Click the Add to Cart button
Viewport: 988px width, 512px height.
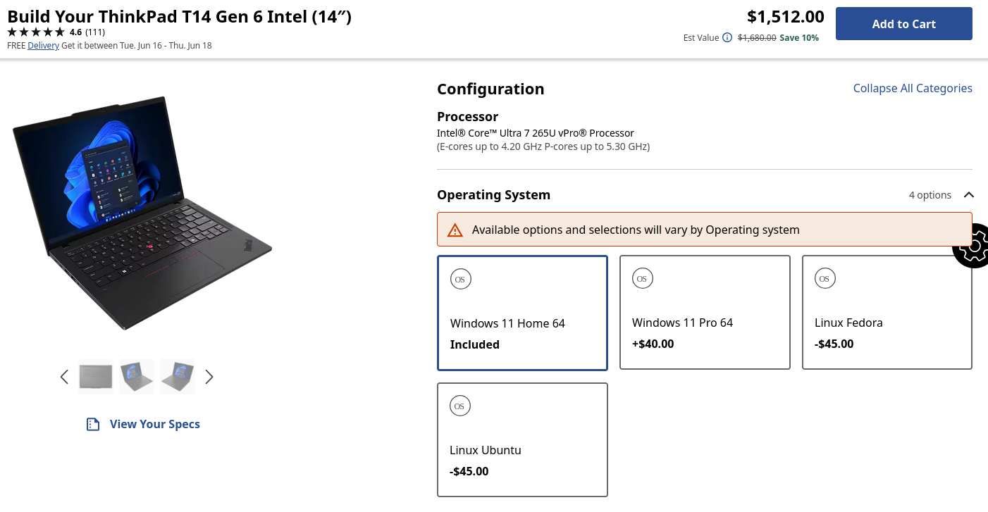[903, 24]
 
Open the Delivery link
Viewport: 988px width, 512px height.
[43, 45]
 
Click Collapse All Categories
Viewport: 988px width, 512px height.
[913, 88]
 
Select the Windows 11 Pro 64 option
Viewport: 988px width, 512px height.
[705, 313]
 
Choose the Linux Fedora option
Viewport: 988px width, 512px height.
[887, 313]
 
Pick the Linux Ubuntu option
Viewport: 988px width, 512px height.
[522, 439]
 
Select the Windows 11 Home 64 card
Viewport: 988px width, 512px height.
[522, 313]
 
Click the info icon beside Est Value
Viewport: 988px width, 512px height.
[727, 37]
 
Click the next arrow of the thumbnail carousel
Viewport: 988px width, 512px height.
[209, 377]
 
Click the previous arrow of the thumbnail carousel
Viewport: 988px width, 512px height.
[64, 377]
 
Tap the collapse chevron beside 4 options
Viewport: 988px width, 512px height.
[968, 195]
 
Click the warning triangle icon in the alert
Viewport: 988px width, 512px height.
[455, 230]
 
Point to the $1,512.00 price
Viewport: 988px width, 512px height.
[786, 17]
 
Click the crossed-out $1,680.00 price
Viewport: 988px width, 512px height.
[757, 38]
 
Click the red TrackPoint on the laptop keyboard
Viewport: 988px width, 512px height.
[150, 246]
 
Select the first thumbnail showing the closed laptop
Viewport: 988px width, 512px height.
[96, 377]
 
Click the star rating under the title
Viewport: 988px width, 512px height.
[36, 32]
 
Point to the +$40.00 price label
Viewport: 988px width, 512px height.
[653, 344]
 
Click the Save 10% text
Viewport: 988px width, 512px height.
[799, 38]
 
